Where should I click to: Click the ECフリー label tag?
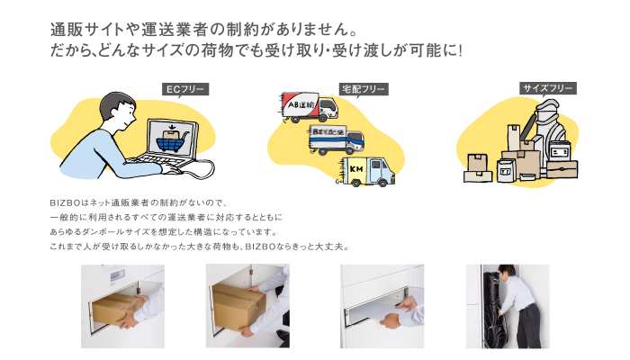(185, 89)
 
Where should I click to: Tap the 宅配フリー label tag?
(364, 89)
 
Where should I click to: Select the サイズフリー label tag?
(548, 88)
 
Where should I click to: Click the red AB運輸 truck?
(309, 107)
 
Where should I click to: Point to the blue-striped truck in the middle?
(337, 139)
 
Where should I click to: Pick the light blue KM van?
(367, 171)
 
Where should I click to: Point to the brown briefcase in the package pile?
(562, 169)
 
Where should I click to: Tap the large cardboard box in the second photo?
(238, 306)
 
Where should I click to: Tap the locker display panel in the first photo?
(115, 276)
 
